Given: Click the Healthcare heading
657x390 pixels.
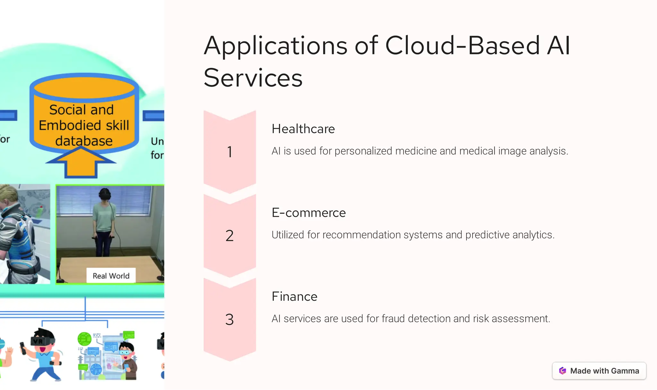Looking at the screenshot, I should pyautogui.click(x=303, y=129).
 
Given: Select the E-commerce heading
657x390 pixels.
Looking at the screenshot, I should pyautogui.click(x=309, y=213).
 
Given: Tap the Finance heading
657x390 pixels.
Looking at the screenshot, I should pyautogui.click(x=294, y=297).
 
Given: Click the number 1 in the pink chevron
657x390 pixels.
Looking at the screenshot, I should pyautogui.click(x=230, y=152).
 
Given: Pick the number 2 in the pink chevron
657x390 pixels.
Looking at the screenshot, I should pyautogui.click(x=230, y=236).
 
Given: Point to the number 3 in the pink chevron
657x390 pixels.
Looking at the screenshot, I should pyautogui.click(x=230, y=320).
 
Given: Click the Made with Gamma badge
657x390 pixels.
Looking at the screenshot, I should pyautogui.click(x=599, y=371).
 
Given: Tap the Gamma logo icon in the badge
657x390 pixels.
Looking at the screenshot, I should pyautogui.click(x=563, y=371).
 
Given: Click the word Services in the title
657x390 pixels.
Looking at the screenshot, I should pyautogui.click(x=253, y=78).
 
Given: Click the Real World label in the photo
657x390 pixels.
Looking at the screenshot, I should pyautogui.click(x=111, y=276).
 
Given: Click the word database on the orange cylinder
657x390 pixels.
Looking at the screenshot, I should pyautogui.click(x=84, y=141).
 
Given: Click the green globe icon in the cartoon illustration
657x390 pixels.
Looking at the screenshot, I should pyautogui.click(x=84, y=339).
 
